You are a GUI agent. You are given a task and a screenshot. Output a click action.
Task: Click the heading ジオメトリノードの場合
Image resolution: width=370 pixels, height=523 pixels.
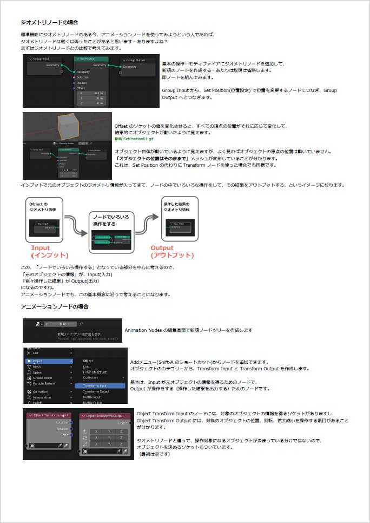point(49,23)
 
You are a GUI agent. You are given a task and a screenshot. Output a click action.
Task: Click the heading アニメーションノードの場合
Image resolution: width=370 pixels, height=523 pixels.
point(54,307)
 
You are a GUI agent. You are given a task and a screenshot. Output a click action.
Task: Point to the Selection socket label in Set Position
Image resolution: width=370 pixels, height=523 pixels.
point(82,77)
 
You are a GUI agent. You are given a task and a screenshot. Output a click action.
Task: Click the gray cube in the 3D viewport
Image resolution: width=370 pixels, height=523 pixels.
point(66,128)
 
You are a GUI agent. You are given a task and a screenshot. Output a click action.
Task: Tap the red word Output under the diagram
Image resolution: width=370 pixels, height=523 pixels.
point(162,248)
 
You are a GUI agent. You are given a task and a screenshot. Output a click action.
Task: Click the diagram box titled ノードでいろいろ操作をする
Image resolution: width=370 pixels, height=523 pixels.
point(111,232)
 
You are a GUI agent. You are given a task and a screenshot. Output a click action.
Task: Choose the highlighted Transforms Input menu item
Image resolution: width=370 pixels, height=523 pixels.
point(95,385)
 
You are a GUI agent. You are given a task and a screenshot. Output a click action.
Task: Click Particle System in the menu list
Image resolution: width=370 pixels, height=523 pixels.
point(44,383)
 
